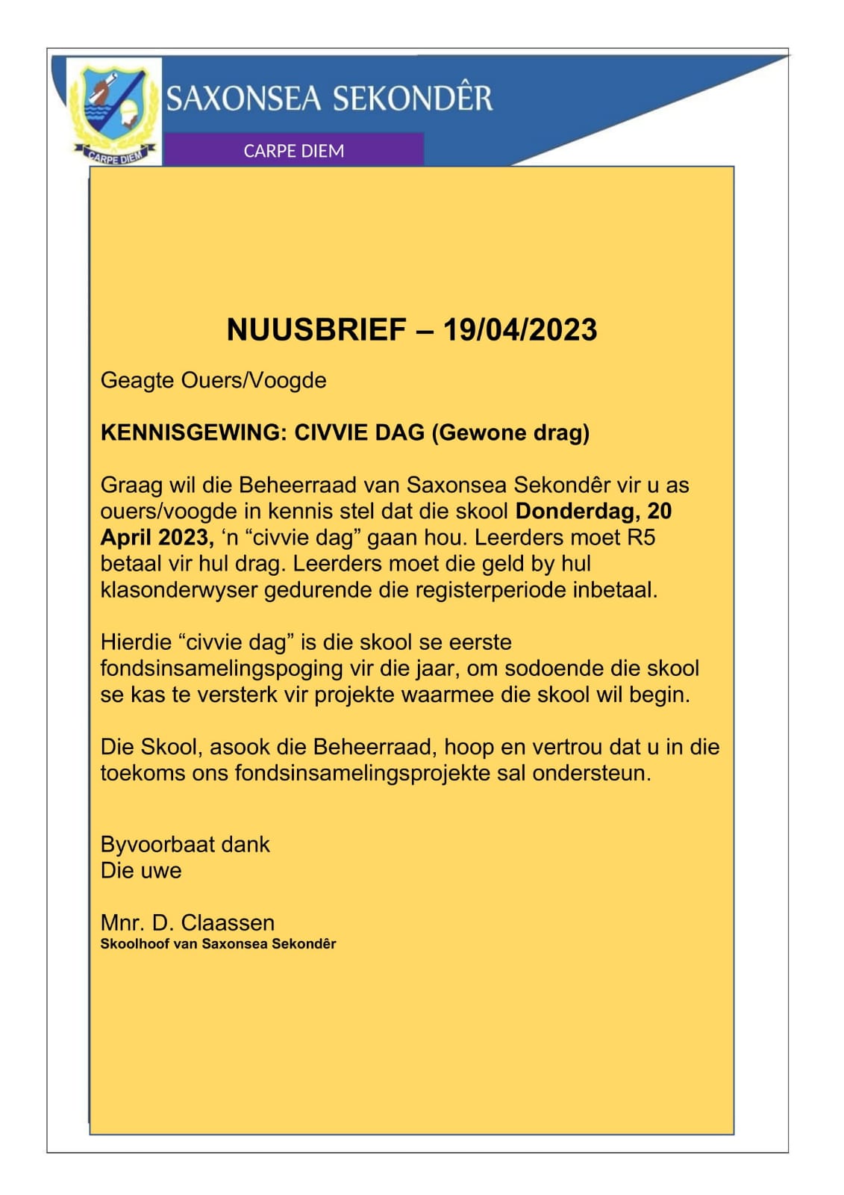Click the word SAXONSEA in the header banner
(x=243, y=99)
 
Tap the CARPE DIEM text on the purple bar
(x=293, y=151)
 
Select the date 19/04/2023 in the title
(x=519, y=329)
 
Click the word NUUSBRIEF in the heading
(x=316, y=329)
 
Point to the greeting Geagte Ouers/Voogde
(x=213, y=380)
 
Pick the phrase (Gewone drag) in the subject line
(x=510, y=432)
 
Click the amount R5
(x=640, y=537)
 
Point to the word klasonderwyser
(x=178, y=590)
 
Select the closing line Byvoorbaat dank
(x=185, y=844)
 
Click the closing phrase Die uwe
(x=141, y=870)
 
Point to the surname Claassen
(x=228, y=922)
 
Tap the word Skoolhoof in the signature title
(x=134, y=943)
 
